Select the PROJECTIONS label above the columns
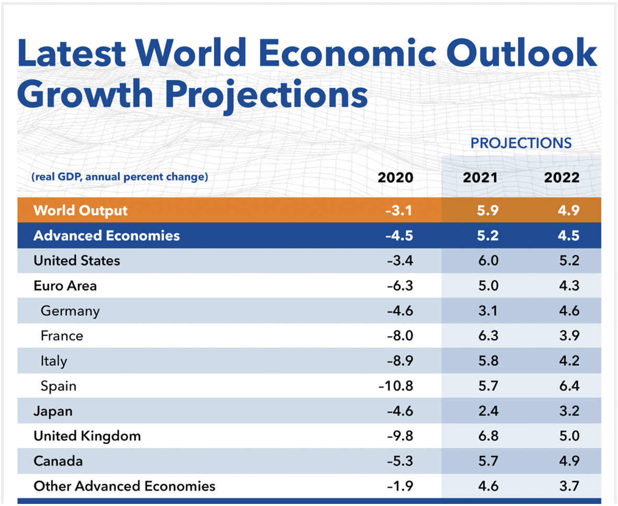tap(521, 143)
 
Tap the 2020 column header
tap(395, 177)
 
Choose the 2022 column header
tap(562, 177)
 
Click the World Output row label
tap(81, 211)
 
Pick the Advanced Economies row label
tap(107, 236)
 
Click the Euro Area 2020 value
tap(400, 286)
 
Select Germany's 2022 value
tap(568, 311)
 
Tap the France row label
tap(62, 336)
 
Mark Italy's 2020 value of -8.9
tap(400, 361)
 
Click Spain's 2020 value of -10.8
tap(396, 386)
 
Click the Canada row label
tap(58, 461)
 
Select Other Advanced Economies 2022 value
tap(568, 486)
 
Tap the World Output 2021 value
tap(487, 211)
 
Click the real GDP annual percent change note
tap(120, 177)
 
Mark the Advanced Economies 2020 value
tap(399, 236)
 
